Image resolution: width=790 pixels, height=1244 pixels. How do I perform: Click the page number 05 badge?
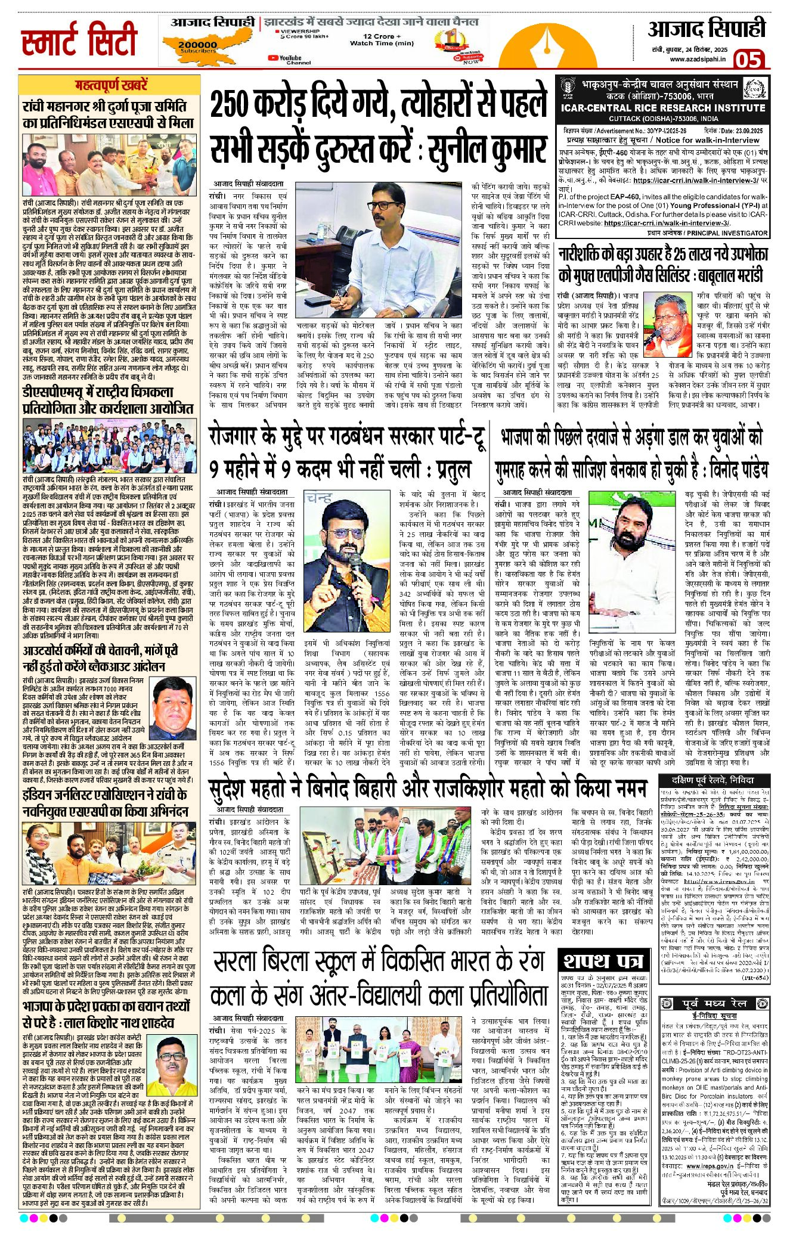click(748, 60)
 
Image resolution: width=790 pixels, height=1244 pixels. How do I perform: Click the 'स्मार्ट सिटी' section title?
click(79, 39)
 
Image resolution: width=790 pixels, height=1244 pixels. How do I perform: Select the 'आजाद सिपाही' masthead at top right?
click(707, 29)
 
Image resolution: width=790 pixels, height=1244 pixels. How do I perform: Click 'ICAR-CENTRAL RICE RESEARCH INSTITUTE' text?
click(662, 108)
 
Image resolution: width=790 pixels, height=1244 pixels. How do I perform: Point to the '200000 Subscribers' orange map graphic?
click(200, 45)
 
